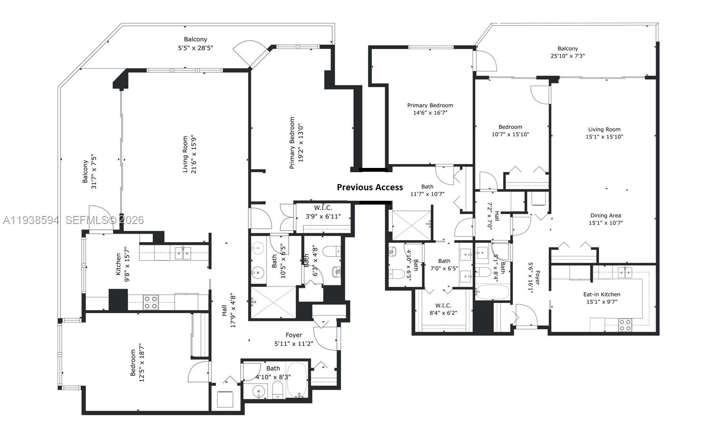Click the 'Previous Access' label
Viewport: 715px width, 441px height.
click(x=370, y=187)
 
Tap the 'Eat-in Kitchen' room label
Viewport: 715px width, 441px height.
click(x=602, y=294)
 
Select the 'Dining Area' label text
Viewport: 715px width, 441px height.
click(x=606, y=216)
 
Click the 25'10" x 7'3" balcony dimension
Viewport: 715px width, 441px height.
click(x=568, y=56)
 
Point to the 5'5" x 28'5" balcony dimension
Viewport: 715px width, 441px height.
click(x=196, y=48)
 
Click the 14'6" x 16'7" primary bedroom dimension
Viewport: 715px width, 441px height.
click(x=430, y=113)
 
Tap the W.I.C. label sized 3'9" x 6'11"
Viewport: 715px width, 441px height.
click(x=323, y=212)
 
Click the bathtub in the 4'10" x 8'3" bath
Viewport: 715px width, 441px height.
click(x=298, y=380)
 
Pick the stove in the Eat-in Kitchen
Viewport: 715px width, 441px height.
click(x=625, y=325)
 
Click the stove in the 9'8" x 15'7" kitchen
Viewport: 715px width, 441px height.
click(x=151, y=302)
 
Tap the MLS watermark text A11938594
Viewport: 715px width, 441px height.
click(x=30, y=220)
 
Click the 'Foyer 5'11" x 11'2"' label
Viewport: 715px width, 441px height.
click(x=294, y=340)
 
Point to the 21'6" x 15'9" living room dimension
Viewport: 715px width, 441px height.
click(x=194, y=155)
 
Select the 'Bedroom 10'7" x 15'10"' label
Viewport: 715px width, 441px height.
click(x=510, y=130)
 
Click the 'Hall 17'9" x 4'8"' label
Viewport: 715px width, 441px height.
click(x=228, y=310)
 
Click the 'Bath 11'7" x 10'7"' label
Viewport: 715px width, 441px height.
click(x=427, y=190)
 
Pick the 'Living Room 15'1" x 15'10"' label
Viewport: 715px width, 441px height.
click(x=604, y=133)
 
